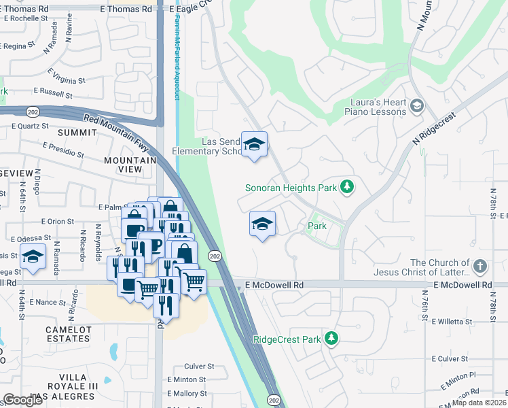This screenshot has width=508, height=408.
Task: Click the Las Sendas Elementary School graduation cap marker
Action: [x=255, y=144]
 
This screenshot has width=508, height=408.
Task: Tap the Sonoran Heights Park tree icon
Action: [x=346, y=186]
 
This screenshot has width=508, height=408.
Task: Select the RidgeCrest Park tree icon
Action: [x=331, y=338]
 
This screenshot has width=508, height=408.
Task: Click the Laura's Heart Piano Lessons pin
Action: [x=416, y=106]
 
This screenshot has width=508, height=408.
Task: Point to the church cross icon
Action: [x=480, y=267]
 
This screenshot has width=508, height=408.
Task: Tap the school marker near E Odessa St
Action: [x=32, y=256]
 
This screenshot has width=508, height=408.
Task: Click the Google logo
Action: [x=23, y=400]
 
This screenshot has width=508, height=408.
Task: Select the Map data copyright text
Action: [x=479, y=403]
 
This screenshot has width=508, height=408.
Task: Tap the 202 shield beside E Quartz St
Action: [x=33, y=111]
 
